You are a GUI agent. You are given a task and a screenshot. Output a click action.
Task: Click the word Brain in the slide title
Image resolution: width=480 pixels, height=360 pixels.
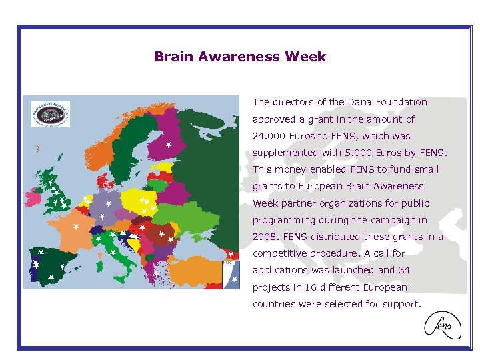(173, 57)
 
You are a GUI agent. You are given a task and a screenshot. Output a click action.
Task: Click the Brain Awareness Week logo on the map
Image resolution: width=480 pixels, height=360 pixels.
(51, 114)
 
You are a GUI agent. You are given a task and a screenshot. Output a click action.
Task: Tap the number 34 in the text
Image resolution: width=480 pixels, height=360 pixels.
(404, 270)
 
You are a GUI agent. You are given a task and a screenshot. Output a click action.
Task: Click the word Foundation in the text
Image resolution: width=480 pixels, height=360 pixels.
(401, 102)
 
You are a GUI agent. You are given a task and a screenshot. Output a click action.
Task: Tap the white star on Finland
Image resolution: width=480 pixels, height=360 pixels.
(169, 144)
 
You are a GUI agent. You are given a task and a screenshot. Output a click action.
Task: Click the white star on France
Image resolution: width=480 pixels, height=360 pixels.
(76, 227)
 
